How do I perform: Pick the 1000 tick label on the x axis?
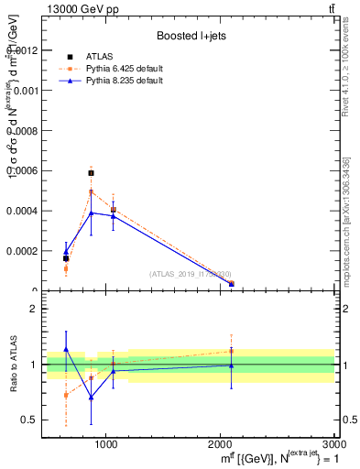click(x=106, y=444)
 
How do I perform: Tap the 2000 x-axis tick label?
click(x=220, y=444)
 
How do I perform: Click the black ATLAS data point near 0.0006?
click(x=91, y=172)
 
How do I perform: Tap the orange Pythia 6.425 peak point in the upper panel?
click(x=91, y=191)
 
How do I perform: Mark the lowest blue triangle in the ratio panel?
click(x=91, y=397)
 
